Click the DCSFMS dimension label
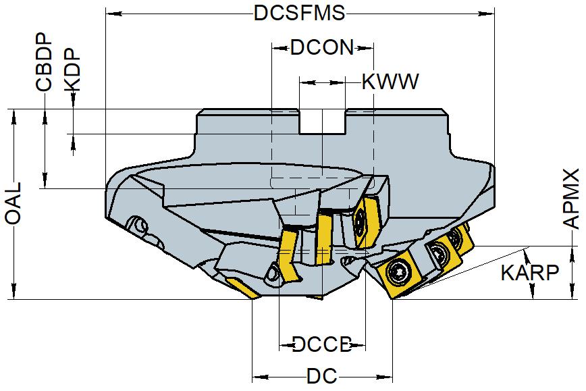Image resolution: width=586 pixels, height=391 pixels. (x=300, y=14)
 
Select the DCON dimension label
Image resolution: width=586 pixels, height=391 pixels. (x=322, y=47)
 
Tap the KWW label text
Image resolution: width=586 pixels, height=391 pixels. (x=390, y=82)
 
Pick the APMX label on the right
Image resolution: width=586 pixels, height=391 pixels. (x=572, y=199)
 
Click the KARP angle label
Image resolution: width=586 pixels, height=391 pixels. (x=530, y=273)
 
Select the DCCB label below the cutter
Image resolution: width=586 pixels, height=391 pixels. (x=322, y=345)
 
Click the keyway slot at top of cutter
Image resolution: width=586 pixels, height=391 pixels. (x=322, y=122)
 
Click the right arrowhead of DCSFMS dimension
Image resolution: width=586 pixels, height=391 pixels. (x=488, y=14)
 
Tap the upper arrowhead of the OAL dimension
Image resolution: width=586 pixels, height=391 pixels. (x=14, y=115)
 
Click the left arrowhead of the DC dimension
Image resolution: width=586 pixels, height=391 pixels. (x=258, y=376)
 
